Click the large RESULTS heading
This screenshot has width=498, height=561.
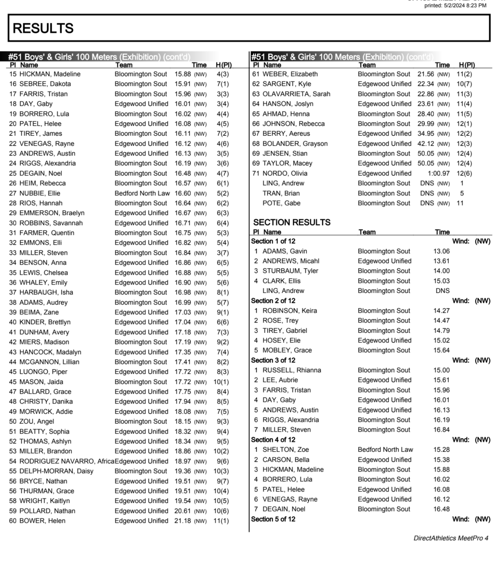click(43, 28)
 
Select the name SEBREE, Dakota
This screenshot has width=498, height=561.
click(45, 84)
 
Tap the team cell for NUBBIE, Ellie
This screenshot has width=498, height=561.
click(142, 193)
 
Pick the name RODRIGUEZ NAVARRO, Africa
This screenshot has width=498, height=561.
click(67, 461)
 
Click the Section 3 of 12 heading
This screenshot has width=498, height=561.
click(273, 360)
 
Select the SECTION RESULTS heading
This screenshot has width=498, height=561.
click(292, 222)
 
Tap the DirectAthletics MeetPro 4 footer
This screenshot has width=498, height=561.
click(451, 538)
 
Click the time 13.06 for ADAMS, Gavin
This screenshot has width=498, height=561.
click(441, 251)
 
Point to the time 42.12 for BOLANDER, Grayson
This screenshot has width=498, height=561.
click(426, 144)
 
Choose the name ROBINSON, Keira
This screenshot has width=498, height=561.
click(290, 310)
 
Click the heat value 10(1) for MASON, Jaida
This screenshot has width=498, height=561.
click(221, 382)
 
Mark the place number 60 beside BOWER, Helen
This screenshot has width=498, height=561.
click(13, 521)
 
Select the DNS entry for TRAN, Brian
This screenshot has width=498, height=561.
click(427, 193)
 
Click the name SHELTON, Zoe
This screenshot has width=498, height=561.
click(286, 449)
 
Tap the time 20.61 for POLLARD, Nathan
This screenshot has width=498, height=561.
click(182, 511)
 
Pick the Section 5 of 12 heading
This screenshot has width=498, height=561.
click(273, 519)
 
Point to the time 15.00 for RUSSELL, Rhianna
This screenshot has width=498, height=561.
click(441, 370)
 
